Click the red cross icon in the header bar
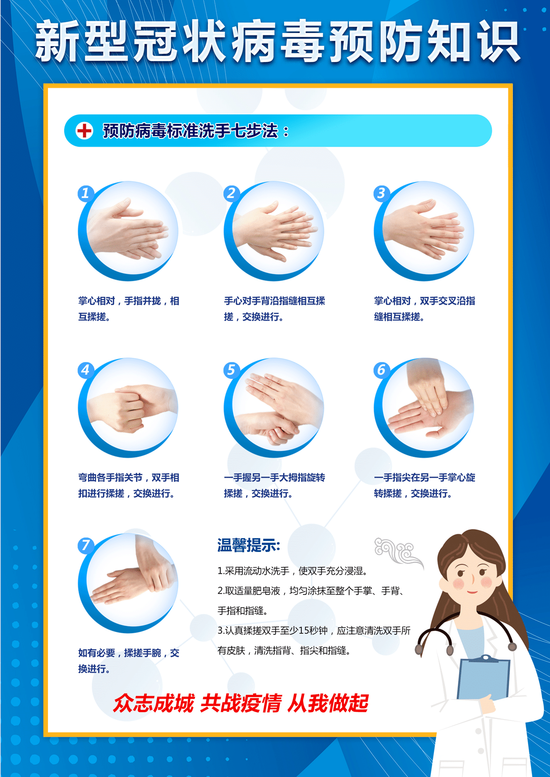tap(84, 131)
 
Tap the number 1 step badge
tap(86, 193)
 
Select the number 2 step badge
tap(231, 193)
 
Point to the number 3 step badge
tap(381, 193)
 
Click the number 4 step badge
tap(86, 370)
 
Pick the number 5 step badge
tap(231, 370)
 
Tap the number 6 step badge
tap(381, 370)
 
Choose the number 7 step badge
tap(86, 545)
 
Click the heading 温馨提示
tap(249, 545)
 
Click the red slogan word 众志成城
tap(153, 703)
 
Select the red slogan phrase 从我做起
tap(328, 703)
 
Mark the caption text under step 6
tap(425, 486)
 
